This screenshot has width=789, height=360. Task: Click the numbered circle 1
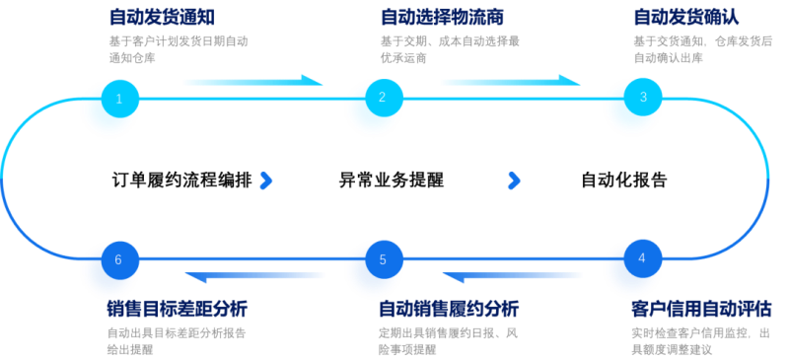119,99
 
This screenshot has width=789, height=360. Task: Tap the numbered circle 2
384,98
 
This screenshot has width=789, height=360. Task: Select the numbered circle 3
643,98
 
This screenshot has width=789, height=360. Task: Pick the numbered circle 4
643,258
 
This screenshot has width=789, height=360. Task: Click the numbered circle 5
384,259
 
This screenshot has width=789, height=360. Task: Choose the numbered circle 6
119,260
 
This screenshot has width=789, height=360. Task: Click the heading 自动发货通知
162,17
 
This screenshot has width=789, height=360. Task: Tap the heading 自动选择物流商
442,17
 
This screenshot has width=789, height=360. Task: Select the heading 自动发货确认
686,17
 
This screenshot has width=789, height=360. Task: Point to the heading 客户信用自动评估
701,309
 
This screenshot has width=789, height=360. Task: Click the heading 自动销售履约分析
449,309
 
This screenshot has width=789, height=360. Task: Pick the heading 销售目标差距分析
178,309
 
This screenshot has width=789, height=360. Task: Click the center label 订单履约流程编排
181,180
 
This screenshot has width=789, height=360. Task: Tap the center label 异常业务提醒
392,180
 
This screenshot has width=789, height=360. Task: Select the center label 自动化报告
624,180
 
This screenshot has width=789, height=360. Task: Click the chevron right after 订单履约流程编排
266,180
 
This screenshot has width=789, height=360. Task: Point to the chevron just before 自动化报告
514,180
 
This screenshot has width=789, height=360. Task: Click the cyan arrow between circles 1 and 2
254,81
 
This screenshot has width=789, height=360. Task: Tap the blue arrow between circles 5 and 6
254,276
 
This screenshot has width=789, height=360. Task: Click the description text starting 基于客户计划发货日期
179,49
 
